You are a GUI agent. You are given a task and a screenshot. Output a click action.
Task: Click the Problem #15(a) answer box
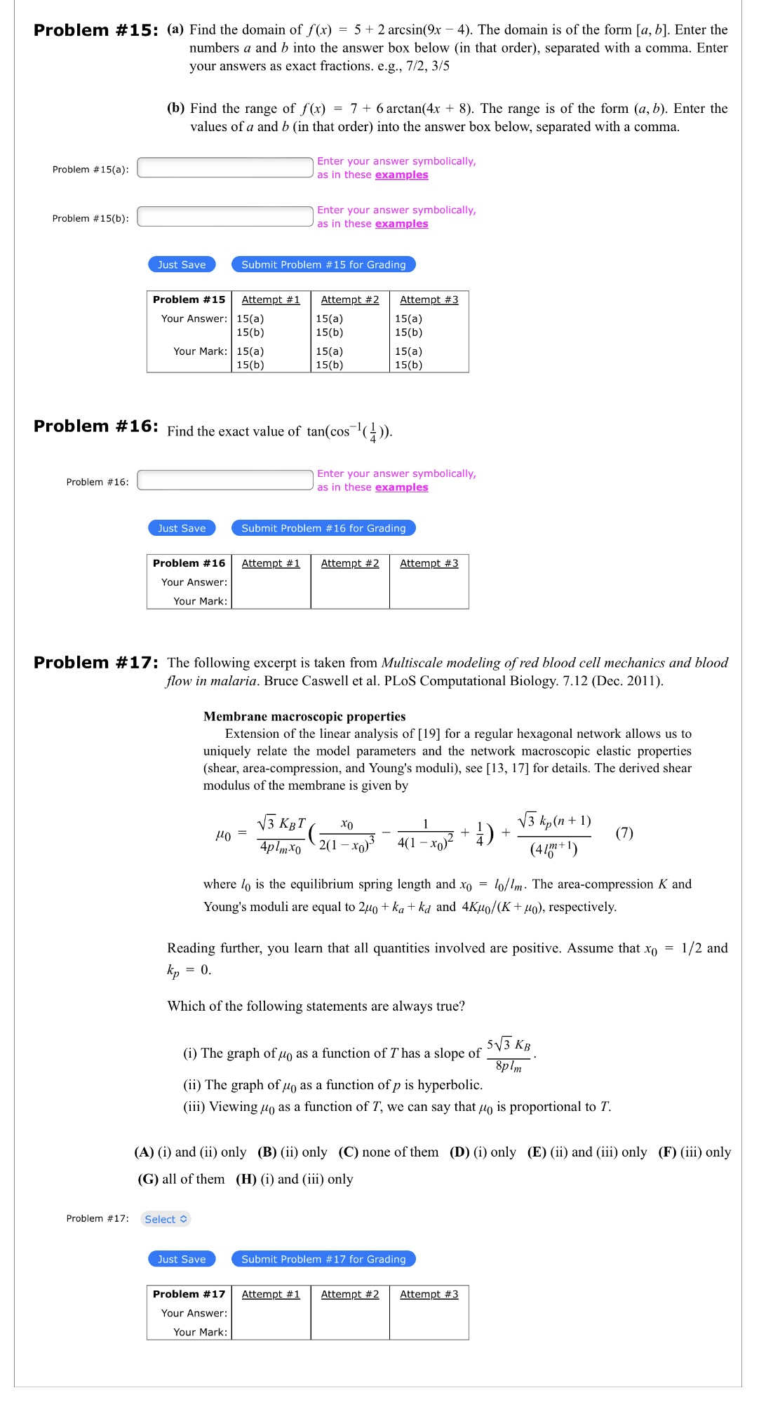coord(224,168)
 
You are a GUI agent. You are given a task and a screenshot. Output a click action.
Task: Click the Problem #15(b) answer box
coord(224,217)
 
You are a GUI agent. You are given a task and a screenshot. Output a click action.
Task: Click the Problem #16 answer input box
coord(224,480)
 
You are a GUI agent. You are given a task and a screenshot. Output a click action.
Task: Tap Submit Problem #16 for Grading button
coord(323,528)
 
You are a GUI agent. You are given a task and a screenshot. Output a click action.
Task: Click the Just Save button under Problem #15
coord(182,264)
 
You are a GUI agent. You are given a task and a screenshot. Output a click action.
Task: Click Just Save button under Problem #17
coord(182,1259)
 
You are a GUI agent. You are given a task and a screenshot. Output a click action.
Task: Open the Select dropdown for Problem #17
coord(166,1219)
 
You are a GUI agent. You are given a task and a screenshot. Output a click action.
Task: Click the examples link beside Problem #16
coord(401,487)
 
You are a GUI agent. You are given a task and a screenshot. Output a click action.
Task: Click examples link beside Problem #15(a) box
coord(401,175)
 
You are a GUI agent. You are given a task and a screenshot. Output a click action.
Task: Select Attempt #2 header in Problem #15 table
coord(350,299)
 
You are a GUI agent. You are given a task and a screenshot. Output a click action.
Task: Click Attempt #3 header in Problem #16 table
coord(429,563)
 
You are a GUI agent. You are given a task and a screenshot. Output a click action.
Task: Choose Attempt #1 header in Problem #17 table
coord(271,1294)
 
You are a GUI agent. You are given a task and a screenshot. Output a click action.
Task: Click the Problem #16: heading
coord(96,426)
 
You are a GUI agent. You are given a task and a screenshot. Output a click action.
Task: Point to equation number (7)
coord(624,833)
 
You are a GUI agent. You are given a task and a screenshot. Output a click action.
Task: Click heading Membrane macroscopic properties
coord(304,716)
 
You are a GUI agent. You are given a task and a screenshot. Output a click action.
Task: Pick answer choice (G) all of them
coord(182,1179)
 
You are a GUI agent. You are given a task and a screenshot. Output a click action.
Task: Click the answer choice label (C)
coord(349,1152)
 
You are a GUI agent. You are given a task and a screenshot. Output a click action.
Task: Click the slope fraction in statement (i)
coord(509,1055)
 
